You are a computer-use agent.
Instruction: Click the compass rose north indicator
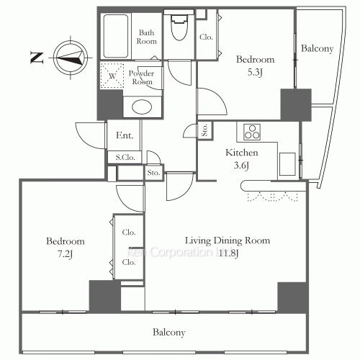coord(71,58)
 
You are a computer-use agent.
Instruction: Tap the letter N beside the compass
coord(37,58)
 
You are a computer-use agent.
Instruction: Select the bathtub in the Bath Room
coord(116,36)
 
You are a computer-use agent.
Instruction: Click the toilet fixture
coord(179,26)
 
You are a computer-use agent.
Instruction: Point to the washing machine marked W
coord(112,76)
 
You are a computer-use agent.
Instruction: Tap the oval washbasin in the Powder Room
coord(142,107)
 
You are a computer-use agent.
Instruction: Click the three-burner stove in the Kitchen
coord(252,132)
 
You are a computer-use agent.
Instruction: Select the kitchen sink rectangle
coord(287,164)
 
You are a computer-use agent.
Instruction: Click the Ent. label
coord(125,135)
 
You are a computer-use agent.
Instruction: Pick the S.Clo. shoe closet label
coord(125,158)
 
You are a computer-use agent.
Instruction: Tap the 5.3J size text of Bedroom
coord(255,72)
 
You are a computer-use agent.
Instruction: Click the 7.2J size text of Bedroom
coord(65,254)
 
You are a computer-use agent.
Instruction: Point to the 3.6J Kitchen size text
coord(241,166)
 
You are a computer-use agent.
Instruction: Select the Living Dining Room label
coord(228,240)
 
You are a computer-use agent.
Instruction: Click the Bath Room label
coord(146,37)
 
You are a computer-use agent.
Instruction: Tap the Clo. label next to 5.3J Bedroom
coord(206,37)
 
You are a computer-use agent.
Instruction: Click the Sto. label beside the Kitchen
coord(204,130)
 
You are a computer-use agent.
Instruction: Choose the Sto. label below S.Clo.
coord(153,173)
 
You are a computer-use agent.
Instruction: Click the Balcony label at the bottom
coord(169,333)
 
